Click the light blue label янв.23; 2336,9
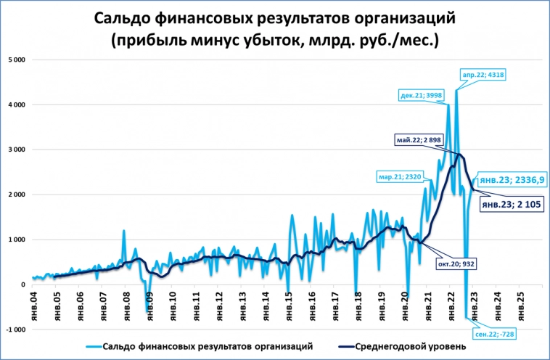point(513,179)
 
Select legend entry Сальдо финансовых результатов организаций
point(208,346)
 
